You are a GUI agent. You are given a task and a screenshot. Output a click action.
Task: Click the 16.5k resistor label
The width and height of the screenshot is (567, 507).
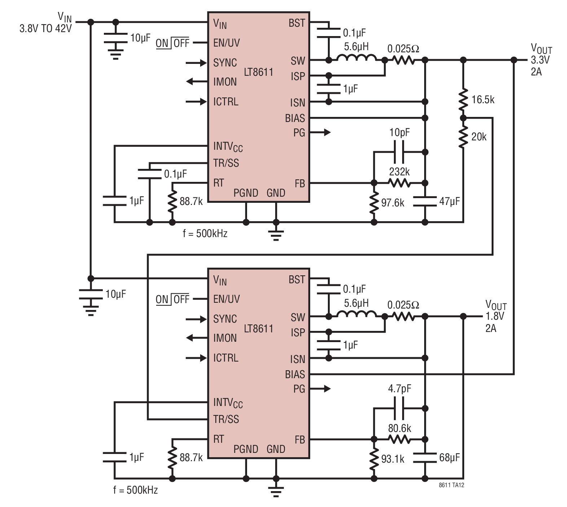tap(483, 100)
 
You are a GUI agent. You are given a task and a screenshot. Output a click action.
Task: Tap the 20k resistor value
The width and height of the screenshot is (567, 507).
tap(479, 137)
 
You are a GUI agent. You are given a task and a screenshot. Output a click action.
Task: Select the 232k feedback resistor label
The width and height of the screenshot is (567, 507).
tap(399, 172)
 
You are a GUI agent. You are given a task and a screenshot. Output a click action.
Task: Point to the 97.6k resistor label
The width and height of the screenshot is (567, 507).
tap(393, 203)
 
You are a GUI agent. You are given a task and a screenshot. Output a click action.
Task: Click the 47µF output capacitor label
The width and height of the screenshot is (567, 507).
tap(449, 201)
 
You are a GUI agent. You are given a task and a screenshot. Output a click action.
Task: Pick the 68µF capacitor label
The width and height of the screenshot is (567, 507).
tap(449, 458)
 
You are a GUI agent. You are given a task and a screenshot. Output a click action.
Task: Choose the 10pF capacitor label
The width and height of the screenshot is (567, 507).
tap(400, 133)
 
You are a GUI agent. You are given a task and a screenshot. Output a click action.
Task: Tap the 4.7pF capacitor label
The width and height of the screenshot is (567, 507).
tap(400, 389)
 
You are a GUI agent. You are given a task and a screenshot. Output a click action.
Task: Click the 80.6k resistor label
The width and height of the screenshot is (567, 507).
tap(400, 428)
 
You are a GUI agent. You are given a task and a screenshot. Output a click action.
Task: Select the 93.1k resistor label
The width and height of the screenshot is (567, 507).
tap(393, 459)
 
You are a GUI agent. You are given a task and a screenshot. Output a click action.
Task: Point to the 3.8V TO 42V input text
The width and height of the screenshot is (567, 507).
tap(46, 29)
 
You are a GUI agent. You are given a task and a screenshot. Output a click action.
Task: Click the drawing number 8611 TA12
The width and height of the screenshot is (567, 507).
tap(452, 485)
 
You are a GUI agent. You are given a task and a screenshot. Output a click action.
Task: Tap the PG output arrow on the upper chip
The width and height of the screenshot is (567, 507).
tap(320, 132)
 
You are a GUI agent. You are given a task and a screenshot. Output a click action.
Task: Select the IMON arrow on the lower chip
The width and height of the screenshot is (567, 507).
tap(197, 338)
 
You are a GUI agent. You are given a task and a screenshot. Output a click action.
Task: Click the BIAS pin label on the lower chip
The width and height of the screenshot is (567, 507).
tap(295, 375)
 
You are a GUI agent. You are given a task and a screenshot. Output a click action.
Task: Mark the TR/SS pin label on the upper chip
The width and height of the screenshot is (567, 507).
tap(226, 163)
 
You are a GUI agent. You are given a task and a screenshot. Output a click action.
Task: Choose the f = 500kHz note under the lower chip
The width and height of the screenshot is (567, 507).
tap(136, 490)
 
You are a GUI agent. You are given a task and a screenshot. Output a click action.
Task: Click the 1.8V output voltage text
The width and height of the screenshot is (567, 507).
tap(495, 316)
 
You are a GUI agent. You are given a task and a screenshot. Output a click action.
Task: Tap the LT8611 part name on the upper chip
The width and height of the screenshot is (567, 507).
tap(259, 72)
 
